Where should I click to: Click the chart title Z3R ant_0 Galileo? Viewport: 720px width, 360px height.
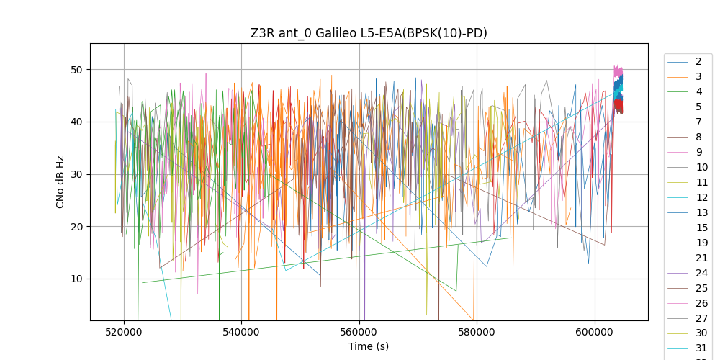tap(369, 33)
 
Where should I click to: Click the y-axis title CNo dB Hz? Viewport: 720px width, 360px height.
tap(60, 181)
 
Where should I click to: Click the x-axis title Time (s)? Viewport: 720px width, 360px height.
tap(369, 346)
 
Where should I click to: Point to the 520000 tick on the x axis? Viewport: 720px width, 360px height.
tap(124, 332)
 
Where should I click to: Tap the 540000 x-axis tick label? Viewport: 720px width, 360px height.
tap(241, 332)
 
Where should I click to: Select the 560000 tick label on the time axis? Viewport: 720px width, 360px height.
tap(359, 332)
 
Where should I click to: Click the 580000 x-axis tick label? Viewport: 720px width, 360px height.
tap(477, 332)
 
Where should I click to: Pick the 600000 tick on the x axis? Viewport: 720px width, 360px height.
tap(595, 332)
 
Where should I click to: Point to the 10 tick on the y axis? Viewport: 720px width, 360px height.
tap(76, 279)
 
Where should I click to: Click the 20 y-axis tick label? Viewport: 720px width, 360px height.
tap(76, 227)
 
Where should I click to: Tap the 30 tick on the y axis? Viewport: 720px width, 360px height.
tap(76, 174)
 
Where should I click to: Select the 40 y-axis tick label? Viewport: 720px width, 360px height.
tap(76, 122)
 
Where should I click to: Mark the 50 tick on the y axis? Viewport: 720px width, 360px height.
tap(76, 70)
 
